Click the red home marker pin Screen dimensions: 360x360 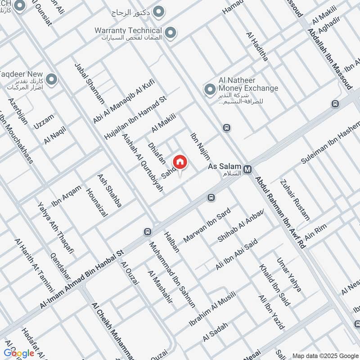[180, 162]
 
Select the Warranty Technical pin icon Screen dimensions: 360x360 [170, 32]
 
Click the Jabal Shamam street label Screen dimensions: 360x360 [90, 84]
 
